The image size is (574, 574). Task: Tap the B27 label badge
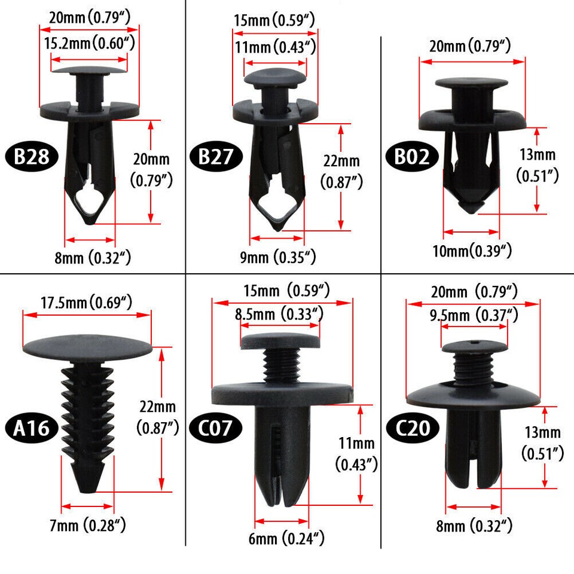coord(216,157)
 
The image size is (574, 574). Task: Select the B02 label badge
coord(412,157)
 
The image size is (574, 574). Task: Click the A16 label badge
coord(32,428)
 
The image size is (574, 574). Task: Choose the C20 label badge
coord(412,428)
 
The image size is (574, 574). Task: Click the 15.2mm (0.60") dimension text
coord(88,43)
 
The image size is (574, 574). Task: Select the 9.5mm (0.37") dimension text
coord(474,314)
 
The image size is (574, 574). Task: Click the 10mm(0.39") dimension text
coord(471,250)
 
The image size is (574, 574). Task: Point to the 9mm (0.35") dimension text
coord(277,257)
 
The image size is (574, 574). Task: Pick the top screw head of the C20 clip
coord(474,346)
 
